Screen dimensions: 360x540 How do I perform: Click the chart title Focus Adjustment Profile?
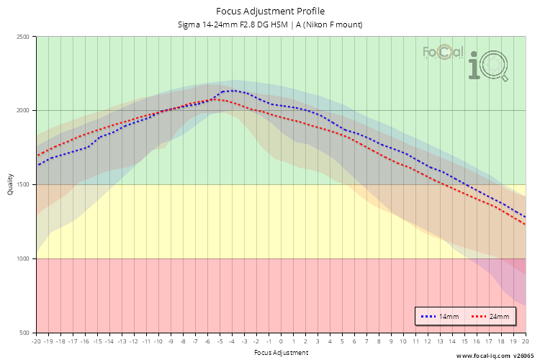tap(270, 12)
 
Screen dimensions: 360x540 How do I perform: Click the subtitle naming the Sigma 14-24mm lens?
tap(270, 24)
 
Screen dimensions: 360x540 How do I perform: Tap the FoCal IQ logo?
tap(466, 62)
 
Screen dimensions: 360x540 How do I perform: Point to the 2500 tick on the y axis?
tap(23, 37)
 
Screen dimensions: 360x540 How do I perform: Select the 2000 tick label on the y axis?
tap(23, 111)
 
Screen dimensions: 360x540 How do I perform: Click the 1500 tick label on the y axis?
tap(23, 185)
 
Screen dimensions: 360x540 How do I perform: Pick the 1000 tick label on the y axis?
tap(23, 259)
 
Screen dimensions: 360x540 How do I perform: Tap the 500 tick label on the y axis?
tap(25, 333)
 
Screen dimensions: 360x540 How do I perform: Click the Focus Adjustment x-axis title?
tap(281, 353)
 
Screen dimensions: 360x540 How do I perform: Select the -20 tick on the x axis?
tap(36, 342)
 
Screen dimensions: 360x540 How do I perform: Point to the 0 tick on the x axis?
tap(281, 342)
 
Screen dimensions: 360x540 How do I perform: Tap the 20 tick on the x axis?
tap(525, 342)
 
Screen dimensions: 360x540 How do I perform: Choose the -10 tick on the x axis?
tap(158, 342)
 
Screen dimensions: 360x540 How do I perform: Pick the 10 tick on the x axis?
tap(403, 342)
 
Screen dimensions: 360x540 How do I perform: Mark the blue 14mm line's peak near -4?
tap(232, 91)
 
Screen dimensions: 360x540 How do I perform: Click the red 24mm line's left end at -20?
tap(37, 155)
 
